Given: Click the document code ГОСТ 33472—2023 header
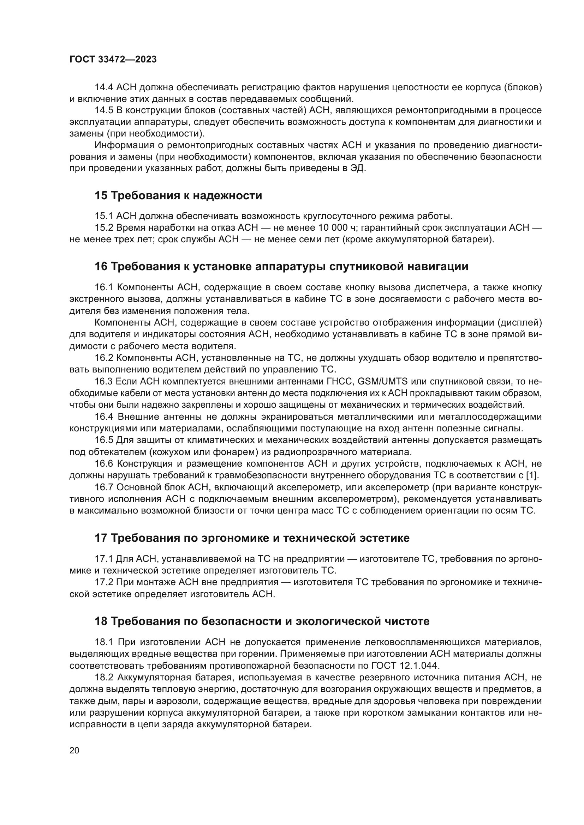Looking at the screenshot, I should pos(113,60).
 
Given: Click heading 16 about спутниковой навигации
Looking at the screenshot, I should pos(281,267).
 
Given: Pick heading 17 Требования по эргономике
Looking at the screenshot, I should pos(252,538).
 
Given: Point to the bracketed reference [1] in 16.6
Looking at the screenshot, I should pos(532,475).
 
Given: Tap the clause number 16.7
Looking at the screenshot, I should pos(103,487).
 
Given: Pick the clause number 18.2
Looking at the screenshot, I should pos(103,677).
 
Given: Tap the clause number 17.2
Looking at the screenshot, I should pos(103,582).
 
